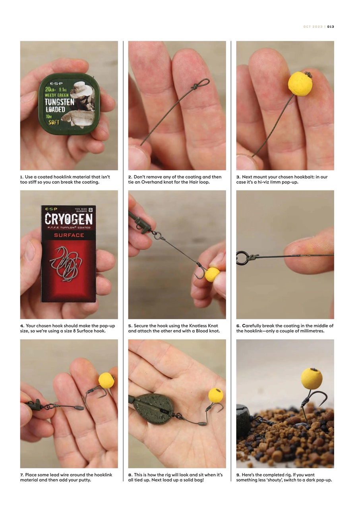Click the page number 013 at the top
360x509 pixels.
point(331,27)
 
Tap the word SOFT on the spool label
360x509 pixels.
point(54,122)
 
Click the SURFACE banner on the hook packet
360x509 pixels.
point(69,235)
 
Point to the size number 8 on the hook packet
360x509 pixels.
point(91,211)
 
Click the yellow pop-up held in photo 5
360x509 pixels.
point(212,274)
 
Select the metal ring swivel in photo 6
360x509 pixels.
point(242,258)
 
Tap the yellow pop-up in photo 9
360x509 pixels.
point(311,379)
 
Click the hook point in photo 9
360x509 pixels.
point(325,404)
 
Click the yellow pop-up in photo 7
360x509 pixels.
point(106,381)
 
